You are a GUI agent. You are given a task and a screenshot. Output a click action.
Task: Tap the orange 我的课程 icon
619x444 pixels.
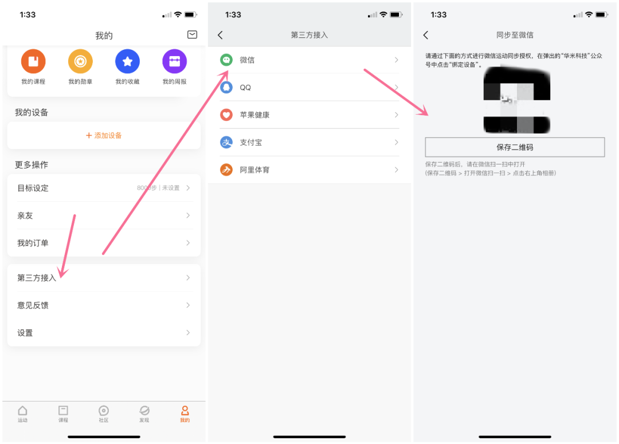click(33, 61)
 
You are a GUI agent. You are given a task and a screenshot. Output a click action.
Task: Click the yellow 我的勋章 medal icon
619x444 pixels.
click(80, 61)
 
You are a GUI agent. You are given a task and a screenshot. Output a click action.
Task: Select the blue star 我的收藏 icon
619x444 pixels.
click(127, 61)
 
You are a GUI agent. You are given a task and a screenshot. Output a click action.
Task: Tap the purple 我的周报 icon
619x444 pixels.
click(174, 61)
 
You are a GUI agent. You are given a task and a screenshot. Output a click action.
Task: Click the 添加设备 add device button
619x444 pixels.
click(104, 135)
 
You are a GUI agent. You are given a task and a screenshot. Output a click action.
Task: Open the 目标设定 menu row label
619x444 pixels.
click(33, 188)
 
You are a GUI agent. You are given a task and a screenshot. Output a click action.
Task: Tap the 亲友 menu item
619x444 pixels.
click(25, 215)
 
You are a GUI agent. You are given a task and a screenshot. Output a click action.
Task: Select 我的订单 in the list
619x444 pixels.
click(33, 243)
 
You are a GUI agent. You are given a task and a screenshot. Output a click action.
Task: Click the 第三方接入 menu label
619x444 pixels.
click(36, 278)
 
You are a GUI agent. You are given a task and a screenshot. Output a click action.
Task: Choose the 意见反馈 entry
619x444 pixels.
click(33, 305)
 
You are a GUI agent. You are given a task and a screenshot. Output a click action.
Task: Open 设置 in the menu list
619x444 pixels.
click(25, 333)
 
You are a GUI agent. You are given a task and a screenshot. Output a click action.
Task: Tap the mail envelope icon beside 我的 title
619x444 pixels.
click(192, 35)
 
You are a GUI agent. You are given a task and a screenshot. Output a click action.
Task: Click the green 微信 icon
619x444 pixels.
click(226, 60)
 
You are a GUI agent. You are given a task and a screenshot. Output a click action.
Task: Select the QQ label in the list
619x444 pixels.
click(245, 88)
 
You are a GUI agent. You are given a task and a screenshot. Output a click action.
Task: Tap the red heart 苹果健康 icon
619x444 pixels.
click(226, 115)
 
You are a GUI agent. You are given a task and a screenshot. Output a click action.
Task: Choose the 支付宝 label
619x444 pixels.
click(251, 143)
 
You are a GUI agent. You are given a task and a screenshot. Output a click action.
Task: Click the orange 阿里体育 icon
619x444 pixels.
click(226, 170)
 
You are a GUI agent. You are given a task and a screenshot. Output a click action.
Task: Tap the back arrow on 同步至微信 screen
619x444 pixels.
click(425, 35)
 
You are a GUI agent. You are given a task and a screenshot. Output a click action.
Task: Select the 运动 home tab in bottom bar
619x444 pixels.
click(22, 414)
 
